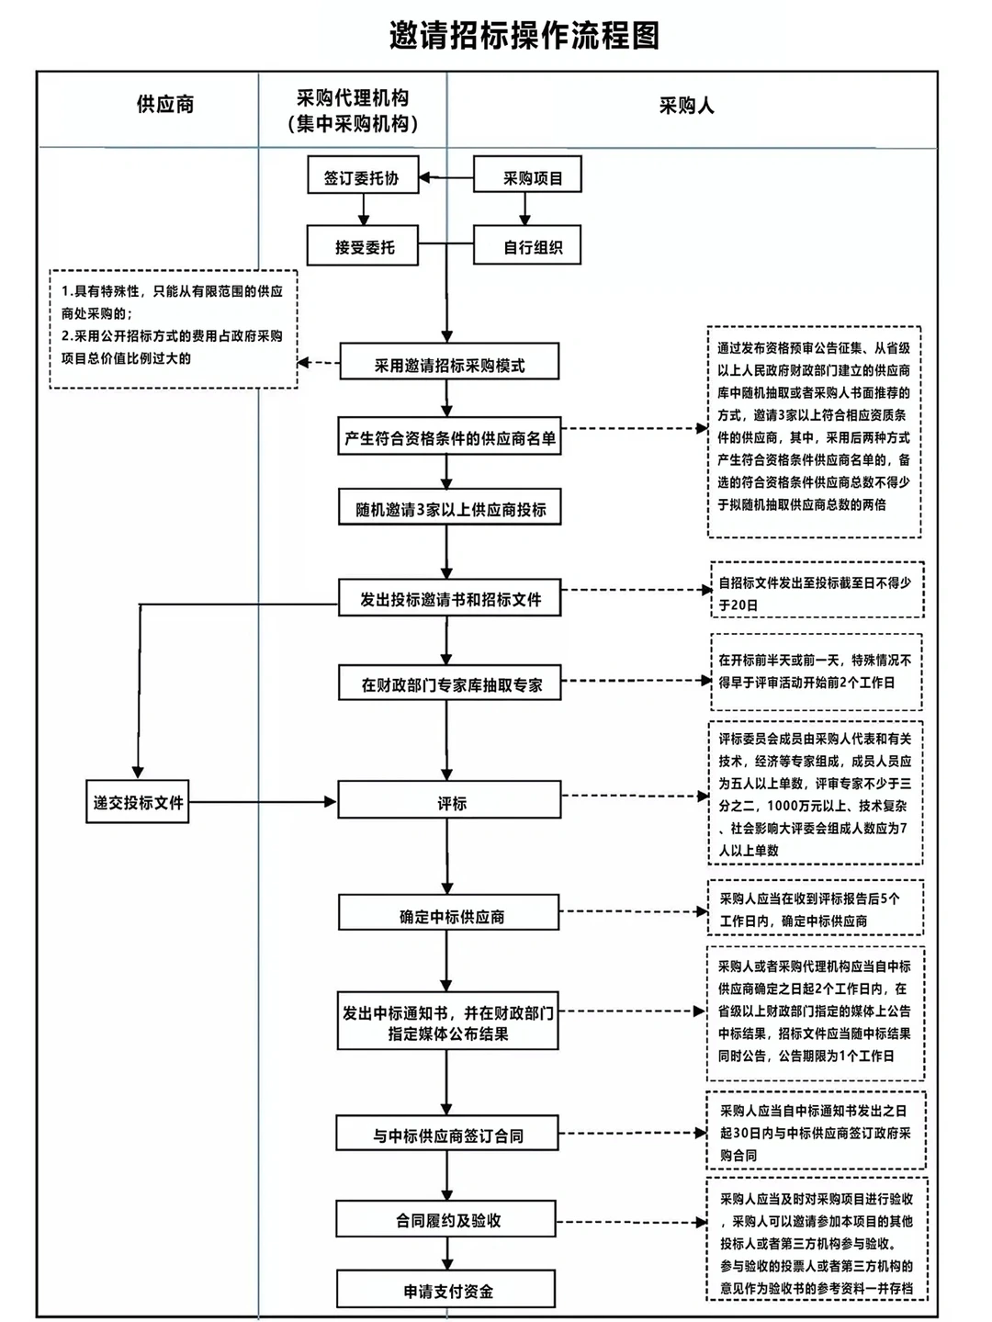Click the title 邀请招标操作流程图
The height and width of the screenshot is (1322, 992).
click(x=524, y=36)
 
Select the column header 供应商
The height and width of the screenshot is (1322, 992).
click(x=165, y=105)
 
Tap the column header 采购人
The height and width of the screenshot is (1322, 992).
click(x=686, y=106)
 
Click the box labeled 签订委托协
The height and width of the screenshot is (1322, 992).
click(x=362, y=176)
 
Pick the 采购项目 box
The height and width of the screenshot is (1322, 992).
click(x=527, y=176)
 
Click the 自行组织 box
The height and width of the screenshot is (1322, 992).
click(x=527, y=247)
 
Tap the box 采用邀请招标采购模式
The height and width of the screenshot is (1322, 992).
click(x=449, y=364)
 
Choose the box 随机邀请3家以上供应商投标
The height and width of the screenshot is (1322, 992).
click(x=449, y=508)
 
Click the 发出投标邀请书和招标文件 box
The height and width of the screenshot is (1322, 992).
click(x=449, y=599)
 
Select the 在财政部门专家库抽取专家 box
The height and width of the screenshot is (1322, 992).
click(x=449, y=684)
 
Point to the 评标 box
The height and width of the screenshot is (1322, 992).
click(x=449, y=802)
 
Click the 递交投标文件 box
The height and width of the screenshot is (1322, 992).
click(x=138, y=802)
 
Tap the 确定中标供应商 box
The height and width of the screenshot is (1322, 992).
click(x=449, y=915)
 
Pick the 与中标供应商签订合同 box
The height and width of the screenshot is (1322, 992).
click(x=447, y=1135)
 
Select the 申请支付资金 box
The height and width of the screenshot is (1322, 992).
click(x=446, y=1290)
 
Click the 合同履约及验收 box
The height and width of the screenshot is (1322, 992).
click(x=446, y=1220)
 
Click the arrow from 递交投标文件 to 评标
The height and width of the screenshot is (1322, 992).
click(x=262, y=802)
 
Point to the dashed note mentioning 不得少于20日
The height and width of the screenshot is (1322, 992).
click(x=815, y=593)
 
